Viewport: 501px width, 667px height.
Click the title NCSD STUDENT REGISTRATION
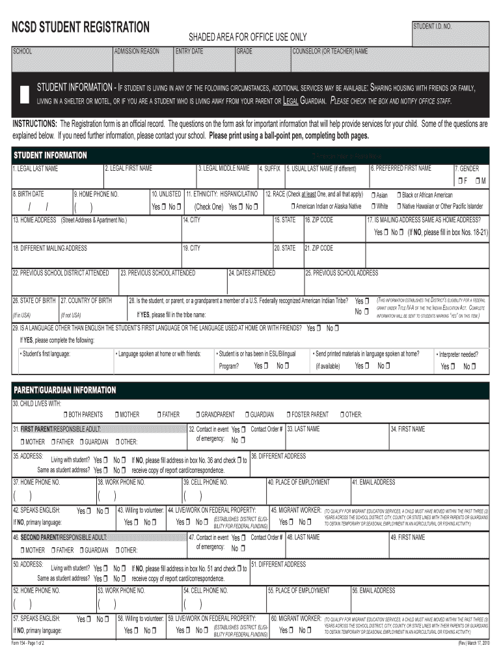[81, 28]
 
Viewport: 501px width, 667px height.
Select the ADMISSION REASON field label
[137, 51]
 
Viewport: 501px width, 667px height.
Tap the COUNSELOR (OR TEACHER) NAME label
[330, 51]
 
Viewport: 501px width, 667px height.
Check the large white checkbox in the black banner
[25, 94]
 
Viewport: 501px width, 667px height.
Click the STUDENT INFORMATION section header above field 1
[51, 155]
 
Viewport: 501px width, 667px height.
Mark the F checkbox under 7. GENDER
[459, 180]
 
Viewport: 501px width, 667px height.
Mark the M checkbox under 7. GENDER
[478, 180]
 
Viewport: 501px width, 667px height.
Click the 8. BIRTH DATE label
[29, 194]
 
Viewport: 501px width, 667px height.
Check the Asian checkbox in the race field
[373, 195]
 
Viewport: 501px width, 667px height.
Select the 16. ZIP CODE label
[319, 220]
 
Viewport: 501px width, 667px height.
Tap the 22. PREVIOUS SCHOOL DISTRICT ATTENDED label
[61, 273]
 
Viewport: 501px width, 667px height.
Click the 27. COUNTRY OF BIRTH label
[87, 300]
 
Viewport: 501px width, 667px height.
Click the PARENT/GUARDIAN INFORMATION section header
[65, 390]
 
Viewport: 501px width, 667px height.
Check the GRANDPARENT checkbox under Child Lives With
[198, 414]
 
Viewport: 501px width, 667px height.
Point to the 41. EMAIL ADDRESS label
[373, 482]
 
